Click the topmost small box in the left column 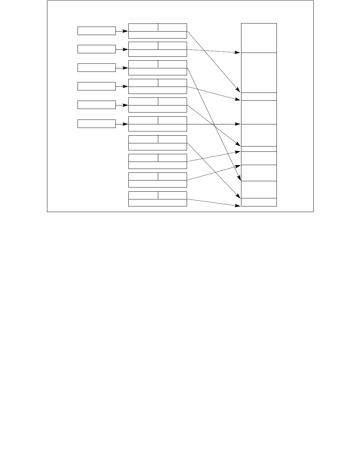[96, 31]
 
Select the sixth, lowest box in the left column [96, 124]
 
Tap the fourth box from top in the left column [96, 86]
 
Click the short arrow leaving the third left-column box [122, 68]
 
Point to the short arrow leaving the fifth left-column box [122, 105]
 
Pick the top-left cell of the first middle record [143, 27]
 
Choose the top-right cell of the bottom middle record [172, 195]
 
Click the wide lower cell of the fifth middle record [158, 109]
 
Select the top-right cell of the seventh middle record [172, 139]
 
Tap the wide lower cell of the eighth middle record [158, 165]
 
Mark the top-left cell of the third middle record [143, 64]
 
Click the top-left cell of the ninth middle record [143, 176]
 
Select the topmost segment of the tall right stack [259, 38]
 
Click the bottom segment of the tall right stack [259, 202]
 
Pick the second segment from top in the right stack [259, 73]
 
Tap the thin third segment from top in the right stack [259, 96]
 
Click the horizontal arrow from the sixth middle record [214, 124]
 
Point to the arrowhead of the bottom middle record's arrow [238, 205]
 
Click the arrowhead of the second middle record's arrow [238, 53]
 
